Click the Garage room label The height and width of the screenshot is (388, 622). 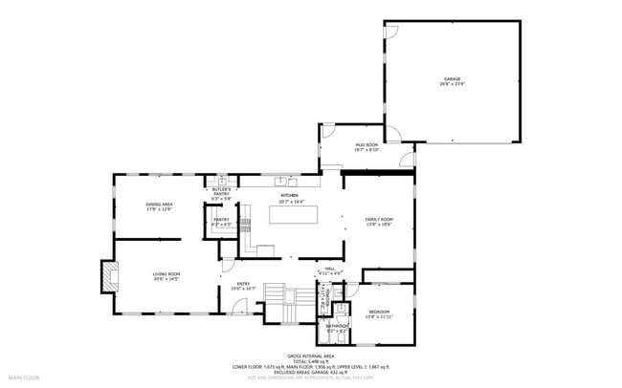pos(451,81)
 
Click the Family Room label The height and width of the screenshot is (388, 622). pos(379,222)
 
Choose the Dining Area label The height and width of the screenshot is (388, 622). pos(159,205)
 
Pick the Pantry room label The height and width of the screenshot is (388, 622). pos(221,222)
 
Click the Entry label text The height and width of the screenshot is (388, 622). pos(243,286)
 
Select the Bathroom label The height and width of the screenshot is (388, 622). pos(337,329)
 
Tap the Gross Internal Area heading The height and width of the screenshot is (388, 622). pos(310,355)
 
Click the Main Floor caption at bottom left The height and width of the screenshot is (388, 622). pos(24,377)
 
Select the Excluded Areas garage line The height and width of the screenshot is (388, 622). pos(310,372)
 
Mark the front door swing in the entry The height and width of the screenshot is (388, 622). pos(234,308)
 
